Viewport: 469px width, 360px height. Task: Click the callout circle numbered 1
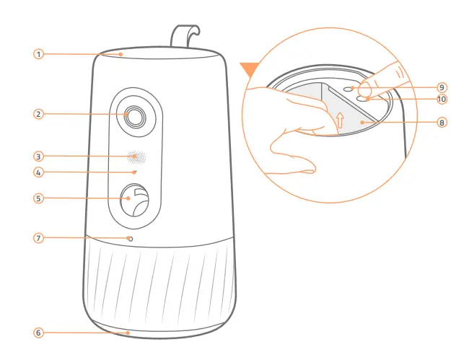click(x=38, y=53)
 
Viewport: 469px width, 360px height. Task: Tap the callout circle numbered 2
click(x=38, y=113)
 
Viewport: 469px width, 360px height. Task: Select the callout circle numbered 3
click(x=38, y=156)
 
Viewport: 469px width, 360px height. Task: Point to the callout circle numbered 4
click(x=38, y=172)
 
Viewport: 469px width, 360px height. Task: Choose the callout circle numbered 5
click(x=38, y=197)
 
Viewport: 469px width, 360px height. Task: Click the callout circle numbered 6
click(x=38, y=333)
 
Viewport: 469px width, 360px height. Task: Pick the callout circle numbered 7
click(x=38, y=237)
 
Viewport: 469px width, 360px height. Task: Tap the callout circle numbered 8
click(x=442, y=123)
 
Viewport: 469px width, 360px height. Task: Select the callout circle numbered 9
click(x=442, y=87)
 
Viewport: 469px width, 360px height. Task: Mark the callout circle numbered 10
click(x=442, y=99)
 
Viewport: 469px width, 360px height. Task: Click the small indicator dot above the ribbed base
click(x=130, y=237)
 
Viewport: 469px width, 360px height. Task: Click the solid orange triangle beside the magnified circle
click(x=250, y=69)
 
